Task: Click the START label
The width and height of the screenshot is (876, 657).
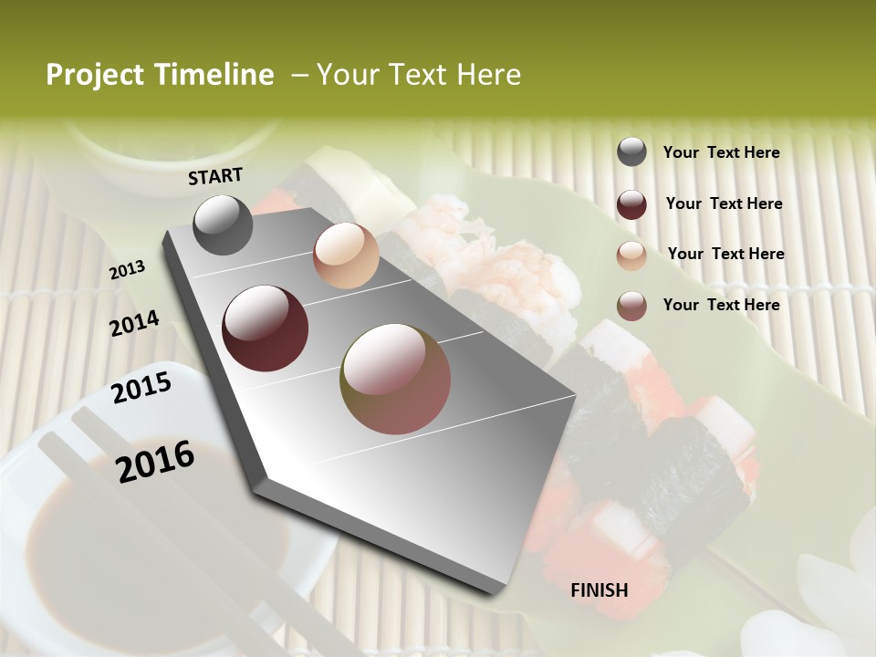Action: [215, 176]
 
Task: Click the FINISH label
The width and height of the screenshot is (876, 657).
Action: [600, 590]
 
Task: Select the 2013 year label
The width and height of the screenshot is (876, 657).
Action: [127, 270]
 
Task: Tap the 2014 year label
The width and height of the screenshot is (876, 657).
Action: [134, 324]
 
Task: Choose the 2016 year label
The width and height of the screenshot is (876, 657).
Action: [155, 461]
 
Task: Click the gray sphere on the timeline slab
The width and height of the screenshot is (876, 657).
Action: [223, 225]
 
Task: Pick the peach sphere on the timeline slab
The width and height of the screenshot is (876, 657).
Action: [346, 255]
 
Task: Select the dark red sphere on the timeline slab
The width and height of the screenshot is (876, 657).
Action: [265, 328]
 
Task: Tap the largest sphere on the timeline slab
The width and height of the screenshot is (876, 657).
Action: [395, 379]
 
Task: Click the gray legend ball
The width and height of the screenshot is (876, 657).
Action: [631, 152]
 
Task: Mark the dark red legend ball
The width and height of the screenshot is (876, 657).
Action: [631, 204]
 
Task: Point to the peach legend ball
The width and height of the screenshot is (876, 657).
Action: [631, 255]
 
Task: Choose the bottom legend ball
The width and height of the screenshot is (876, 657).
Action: [631, 306]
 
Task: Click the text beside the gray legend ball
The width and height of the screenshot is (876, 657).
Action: [721, 153]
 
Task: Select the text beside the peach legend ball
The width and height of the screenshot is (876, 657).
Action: [725, 254]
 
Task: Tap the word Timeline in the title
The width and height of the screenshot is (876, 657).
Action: [215, 75]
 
